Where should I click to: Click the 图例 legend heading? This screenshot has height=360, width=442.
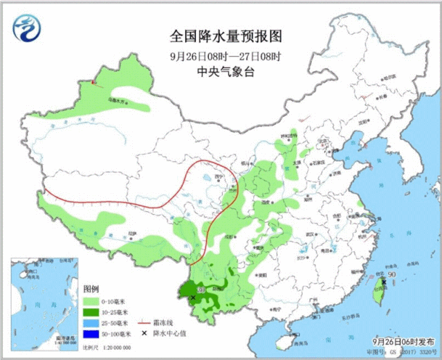point(91,288)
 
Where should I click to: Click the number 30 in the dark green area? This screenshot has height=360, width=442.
point(200,289)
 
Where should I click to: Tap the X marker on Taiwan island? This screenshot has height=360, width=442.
point(383,282)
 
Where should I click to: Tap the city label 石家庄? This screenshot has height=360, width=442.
point(318,163)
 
